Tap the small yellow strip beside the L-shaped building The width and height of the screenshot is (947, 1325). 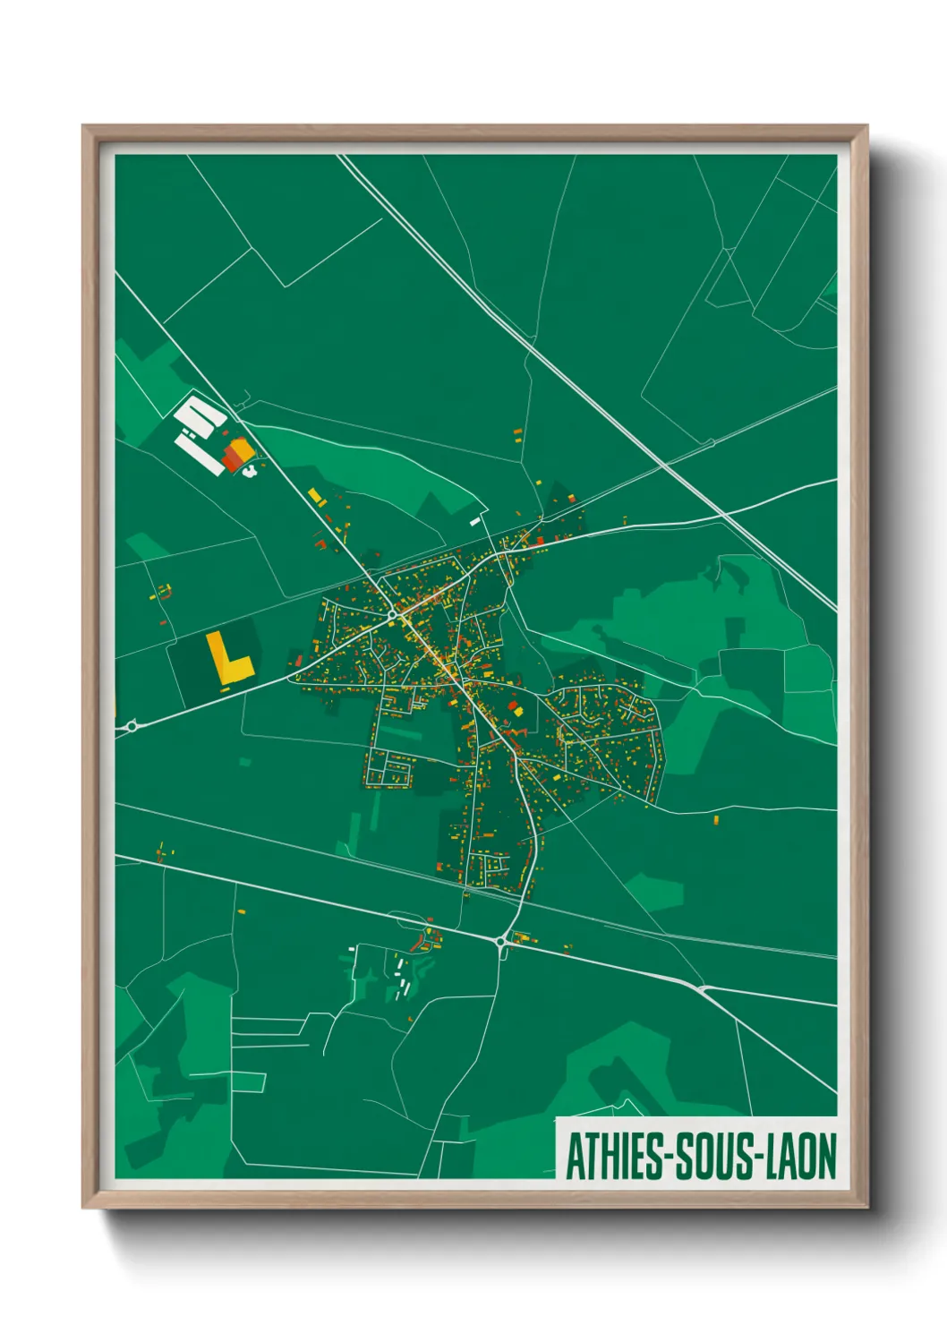(225, 688)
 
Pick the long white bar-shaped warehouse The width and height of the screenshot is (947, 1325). (200, 453)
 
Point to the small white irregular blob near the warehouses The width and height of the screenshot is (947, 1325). (252, 469)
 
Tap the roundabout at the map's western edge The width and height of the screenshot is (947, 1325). (132, 726)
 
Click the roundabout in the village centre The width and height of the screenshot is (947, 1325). (392, 615)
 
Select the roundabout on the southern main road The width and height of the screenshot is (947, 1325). (499, 941)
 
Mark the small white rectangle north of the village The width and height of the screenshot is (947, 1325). (475, 520)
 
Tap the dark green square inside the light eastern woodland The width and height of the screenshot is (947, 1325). (734, 630)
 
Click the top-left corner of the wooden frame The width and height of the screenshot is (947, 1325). (83, 126)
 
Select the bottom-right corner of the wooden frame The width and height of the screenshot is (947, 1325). (866, 1207)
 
